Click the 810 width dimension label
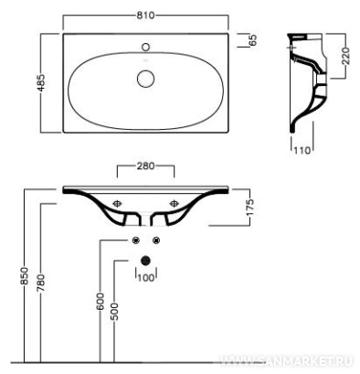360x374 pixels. click(145, 15)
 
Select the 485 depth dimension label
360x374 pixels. click(41, 82)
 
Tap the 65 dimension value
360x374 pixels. click(253, 40)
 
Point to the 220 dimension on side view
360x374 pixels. click(345, 56)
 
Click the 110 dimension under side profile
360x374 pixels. click(302, 150)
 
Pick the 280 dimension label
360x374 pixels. click(145, 166)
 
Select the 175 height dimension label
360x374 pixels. click(249, 208)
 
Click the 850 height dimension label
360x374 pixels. click(25, 276)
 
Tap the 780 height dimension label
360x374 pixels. click(41, 283)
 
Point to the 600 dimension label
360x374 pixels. click(100, 302)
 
